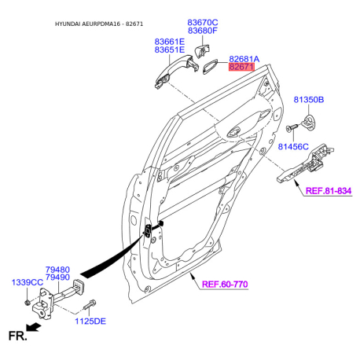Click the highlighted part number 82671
[x=241, y=67]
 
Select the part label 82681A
[x=244, y=59]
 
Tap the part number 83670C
[x=203, y=23]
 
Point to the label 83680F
[x=203, y=31]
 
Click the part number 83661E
[x=170, y=42]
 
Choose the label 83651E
[x=170, y=50]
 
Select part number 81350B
[x=309, y=100]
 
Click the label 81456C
[x=293, y=147]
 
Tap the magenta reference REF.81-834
[x=329, y=191]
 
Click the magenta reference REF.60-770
[x=225, y=285]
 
